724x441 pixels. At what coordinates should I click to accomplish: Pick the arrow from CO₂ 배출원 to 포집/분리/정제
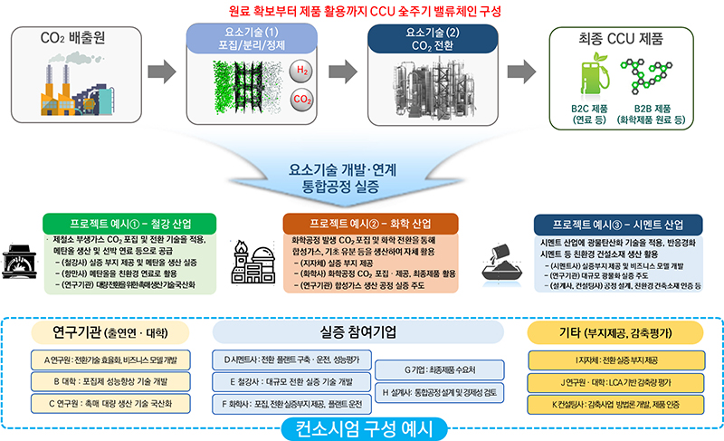[159, 71]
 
